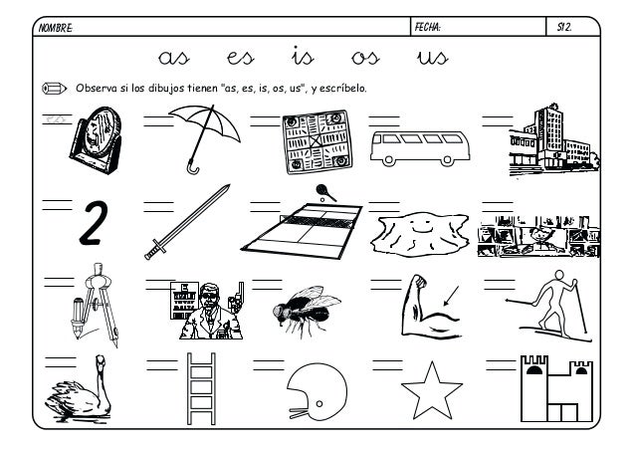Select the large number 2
click(93, 224)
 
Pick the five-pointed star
click(430, 391)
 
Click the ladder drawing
click(202, 390)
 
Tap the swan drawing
click(83, 395)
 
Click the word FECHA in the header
click(433, 30)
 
